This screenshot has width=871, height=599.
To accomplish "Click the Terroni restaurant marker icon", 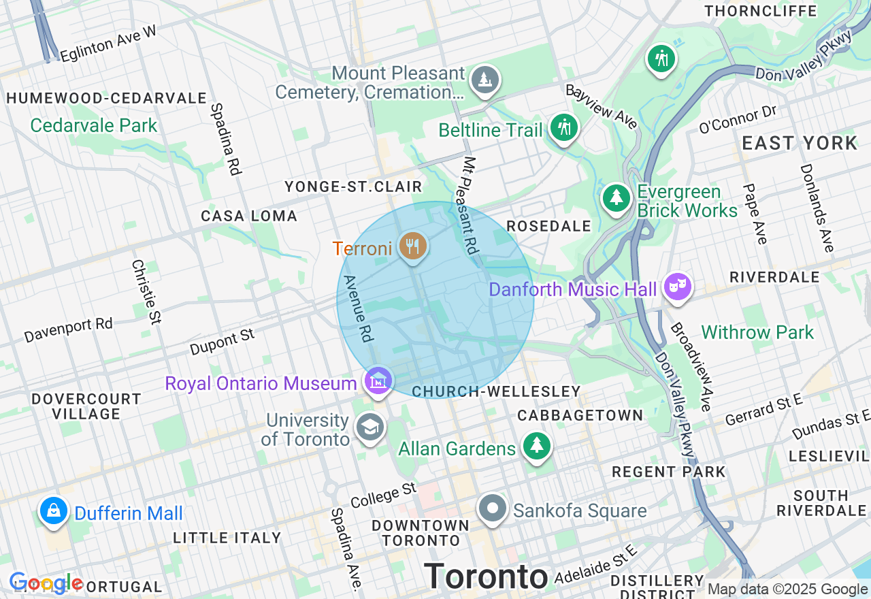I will [412, 246].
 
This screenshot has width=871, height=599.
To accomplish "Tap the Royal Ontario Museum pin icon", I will [378, 380].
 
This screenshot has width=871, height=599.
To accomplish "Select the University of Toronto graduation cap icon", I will [370, 427].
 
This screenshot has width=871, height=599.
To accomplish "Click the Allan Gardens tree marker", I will [537, 446].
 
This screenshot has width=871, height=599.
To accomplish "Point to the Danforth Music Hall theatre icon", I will [677, 287].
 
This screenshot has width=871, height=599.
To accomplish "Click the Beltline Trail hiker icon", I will [563, 127].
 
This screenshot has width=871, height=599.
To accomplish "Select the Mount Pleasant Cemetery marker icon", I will [484, 80].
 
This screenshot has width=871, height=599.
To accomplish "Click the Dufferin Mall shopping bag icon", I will [53, 510].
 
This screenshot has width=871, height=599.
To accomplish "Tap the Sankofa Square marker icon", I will [493, 508].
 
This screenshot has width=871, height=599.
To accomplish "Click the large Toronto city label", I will [486, 577].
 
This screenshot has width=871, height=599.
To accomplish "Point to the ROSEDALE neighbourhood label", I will [548, 227].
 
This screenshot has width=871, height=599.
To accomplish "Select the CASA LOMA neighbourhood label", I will [249, 216].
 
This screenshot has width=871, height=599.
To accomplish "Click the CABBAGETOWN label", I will [580, 415].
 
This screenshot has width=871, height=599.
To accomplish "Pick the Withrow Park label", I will [757, 333].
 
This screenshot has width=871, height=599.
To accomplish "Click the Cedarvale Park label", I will [94, 126].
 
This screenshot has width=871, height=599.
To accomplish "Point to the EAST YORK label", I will [800, 144].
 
